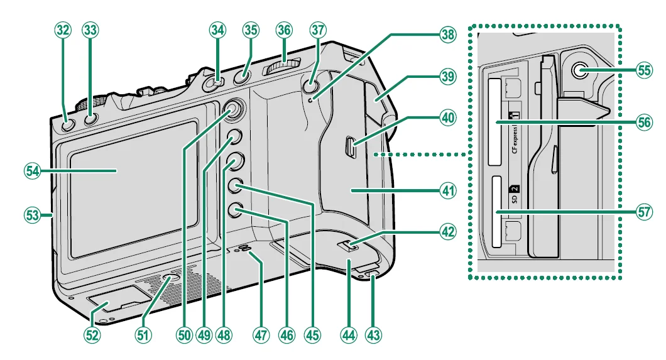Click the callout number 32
[63, 31]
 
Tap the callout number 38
[447, 35]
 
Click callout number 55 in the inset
[643, 70]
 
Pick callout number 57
[643, 212]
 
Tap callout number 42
[447, 231]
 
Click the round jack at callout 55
[577, 70]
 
